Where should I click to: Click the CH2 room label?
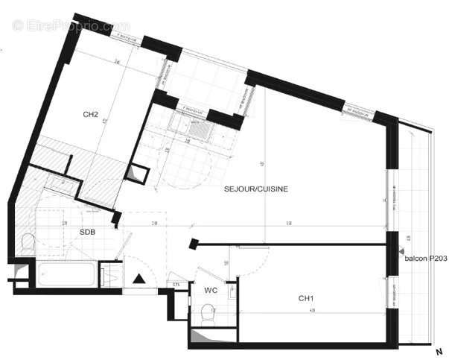coord(91,114)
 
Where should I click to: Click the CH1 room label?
coord(305,298)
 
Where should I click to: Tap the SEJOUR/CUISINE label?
coord(256,189)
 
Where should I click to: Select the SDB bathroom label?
coord(88,232)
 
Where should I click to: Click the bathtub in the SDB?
coord(66,275)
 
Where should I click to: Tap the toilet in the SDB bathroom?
coord(28,242)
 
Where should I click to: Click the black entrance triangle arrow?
coord(138,279)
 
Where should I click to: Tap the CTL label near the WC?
coord(176,284)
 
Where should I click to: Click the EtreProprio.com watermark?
coord(71,25)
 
